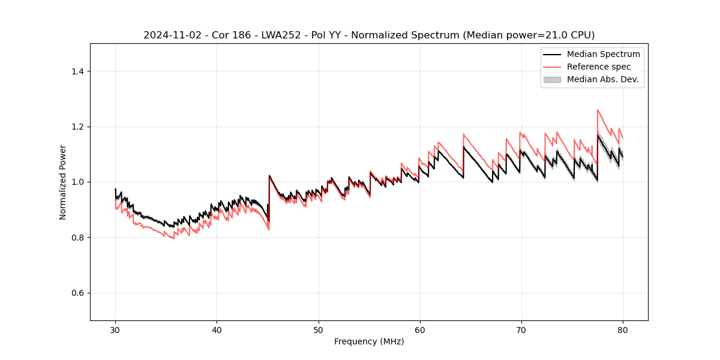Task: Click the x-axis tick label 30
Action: point(115,330)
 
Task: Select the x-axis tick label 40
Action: point(217,330)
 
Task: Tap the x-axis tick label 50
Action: point(319,330)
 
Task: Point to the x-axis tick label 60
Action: point(420,330)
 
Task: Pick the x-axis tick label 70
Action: point(521,330)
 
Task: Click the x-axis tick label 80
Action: point(623,330)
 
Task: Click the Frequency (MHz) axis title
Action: point(369,341)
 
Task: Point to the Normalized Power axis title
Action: point(63,182)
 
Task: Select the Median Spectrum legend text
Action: point(603,54)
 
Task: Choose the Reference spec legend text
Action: point(599,67)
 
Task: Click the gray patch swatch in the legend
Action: point(552,79)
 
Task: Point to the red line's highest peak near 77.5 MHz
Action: point(598,110)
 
